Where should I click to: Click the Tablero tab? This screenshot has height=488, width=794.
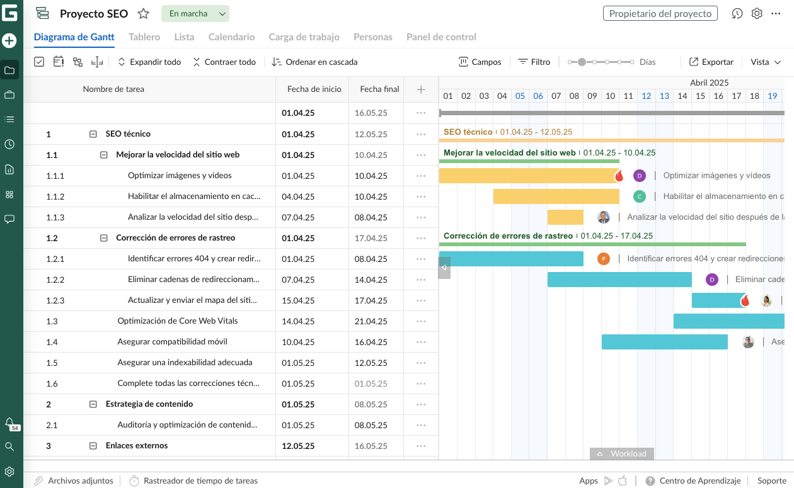pyautogui.click(x=144, y=37)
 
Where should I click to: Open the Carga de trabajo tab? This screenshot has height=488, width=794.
pyautogui.click(x=304, y=37)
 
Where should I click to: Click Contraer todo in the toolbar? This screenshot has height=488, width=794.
pyautogui.click(x=224, y=62)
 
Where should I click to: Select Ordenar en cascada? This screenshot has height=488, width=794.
pyautogui.click(x=314, y=62)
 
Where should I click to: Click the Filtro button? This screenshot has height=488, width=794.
pyautogui.click(x=534, y=62)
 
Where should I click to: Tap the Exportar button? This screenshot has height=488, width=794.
pyautogui.click(x=711, y=62)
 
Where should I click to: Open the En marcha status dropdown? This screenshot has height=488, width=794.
pyautogui.click(x=195, y=14)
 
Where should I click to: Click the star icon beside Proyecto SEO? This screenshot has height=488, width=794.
pyautogui.click(x=144, y=14)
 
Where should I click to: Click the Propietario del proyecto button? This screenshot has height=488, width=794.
pyautogui.click(x=660, y=14)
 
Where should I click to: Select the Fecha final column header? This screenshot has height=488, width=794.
pyautogui.click(x=379, y=89)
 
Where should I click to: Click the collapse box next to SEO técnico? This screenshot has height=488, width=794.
pyautogui.click(x=93, y=134)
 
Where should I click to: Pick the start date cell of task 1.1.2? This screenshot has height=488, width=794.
pyautogui.click(x=298, y=196)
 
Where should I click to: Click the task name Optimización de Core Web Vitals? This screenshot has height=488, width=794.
pyautogui.click(x=178, y=321)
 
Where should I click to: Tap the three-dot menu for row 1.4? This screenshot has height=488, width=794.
pyautogui.click(x=421, y=342)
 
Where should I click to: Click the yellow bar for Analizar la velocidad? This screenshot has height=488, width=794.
pyautogui.click(x=565, y=217)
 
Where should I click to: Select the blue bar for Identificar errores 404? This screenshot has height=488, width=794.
pyautogui.click(x=510, y=259)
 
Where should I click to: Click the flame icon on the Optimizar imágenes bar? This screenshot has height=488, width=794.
pyautogui.click(x=619, y=176)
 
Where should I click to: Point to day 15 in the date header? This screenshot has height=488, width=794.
pyautogui.click(x=700, y=96)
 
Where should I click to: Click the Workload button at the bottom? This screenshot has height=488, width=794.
pyautogui.click(x=621, y=453)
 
